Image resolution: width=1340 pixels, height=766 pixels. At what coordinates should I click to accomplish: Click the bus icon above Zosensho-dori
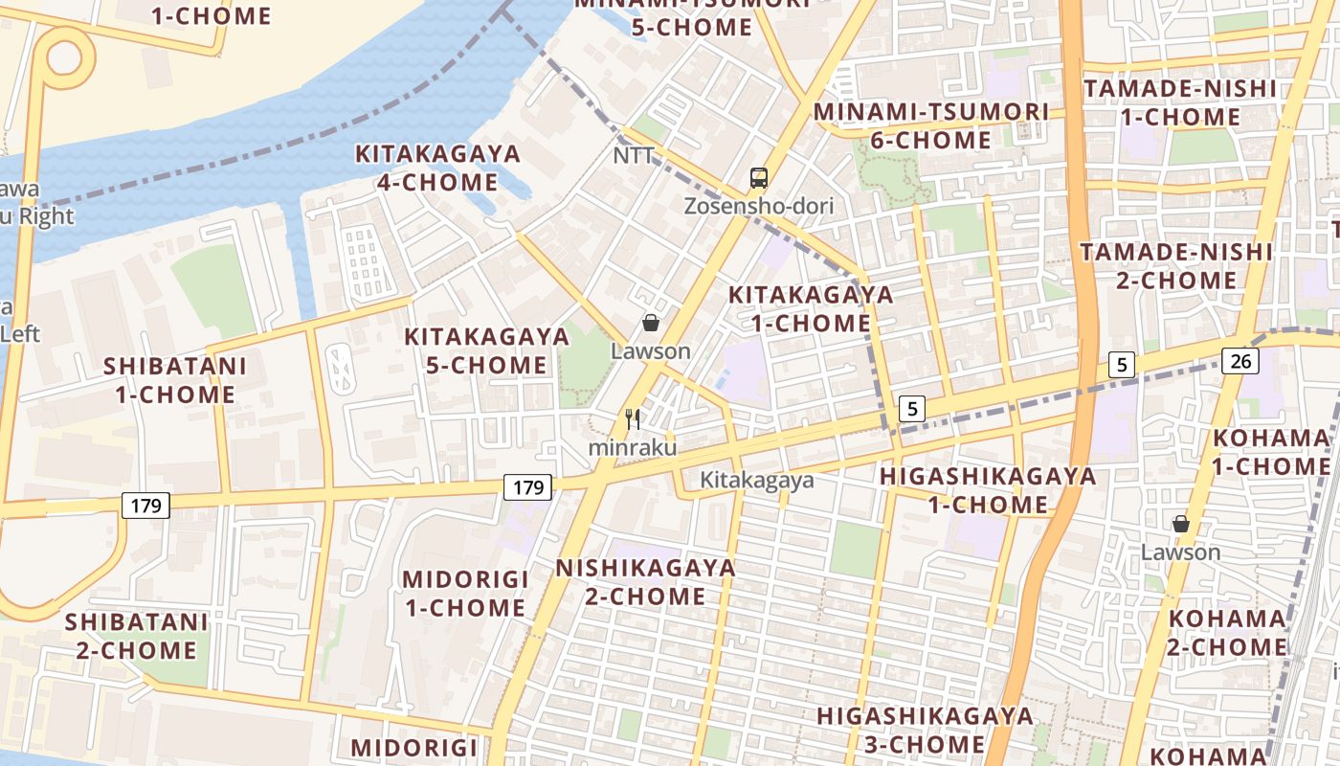coord(759,178)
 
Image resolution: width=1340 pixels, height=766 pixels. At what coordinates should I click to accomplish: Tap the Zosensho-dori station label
coord(759,206)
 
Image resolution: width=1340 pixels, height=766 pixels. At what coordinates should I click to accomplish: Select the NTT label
coord(634,155)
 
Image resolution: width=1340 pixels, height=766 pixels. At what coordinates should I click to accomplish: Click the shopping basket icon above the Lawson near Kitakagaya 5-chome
coord(651,324)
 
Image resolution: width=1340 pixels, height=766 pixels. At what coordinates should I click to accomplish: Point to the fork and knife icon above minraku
coord(632,419)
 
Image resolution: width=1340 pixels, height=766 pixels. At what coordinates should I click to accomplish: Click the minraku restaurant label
coord(632,447)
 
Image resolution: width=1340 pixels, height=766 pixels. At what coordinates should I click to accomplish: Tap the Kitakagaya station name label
coord(756,480)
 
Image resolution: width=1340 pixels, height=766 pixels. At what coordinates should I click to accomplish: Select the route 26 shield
coord(1239,361)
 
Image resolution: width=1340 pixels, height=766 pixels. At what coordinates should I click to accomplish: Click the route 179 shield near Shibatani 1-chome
coord(145,505)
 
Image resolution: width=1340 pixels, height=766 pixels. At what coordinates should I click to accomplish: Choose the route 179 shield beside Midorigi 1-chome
coord(528,487)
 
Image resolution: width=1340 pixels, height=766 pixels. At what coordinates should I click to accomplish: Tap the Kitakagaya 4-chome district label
coord(437,168)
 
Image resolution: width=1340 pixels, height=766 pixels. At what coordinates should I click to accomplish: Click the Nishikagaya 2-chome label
coord(646,582)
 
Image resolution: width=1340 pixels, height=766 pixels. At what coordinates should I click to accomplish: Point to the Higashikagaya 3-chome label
coord(925,730)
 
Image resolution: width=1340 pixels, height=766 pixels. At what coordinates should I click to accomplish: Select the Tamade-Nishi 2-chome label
coord(1176,266)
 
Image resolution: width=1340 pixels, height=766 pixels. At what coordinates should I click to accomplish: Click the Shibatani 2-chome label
coord(136,636)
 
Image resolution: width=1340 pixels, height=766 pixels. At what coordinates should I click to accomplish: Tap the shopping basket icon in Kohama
coord(1181,524)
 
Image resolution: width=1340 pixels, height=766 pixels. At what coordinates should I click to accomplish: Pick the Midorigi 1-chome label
coord(465,594)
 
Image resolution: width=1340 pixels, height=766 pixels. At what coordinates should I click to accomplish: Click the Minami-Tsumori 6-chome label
coord(930,125)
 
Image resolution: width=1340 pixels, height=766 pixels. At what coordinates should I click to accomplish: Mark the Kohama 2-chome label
coord(1227,632)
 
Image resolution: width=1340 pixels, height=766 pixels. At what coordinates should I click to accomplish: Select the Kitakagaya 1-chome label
coord(811,308)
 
